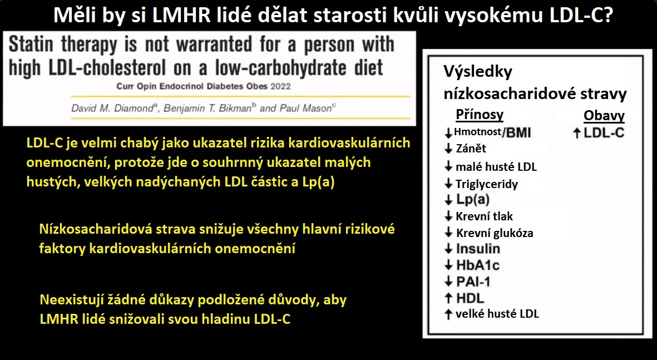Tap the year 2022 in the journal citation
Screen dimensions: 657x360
pos(280,87)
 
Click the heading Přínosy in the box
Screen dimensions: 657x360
pos(480,115)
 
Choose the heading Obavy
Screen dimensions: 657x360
pos(604,115)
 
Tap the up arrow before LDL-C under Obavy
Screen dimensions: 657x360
pos(576,134)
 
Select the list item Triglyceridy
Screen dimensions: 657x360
pos(486,184)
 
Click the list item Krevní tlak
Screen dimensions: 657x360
pos(484,216)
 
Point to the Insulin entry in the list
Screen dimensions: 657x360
pos(478,249)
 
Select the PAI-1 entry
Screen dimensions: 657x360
pos(473,281)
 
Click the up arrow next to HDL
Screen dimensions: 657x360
pos(448,298)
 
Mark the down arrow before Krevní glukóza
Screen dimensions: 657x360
pos(448,233)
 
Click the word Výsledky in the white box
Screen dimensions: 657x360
pos(478,72)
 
